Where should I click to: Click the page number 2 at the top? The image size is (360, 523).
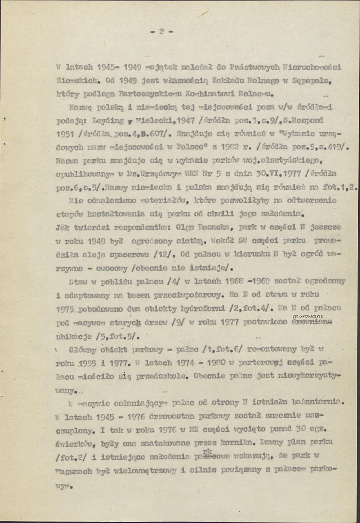tap(161, 31)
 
